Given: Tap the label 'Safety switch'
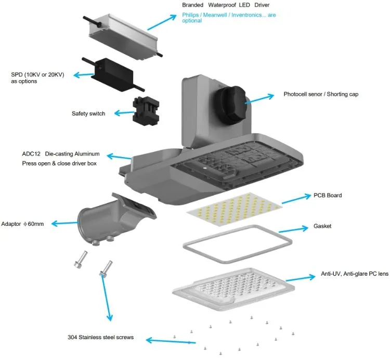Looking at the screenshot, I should point(88,113).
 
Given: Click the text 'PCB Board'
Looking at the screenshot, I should point(327,196).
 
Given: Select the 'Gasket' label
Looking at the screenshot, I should point(322,226).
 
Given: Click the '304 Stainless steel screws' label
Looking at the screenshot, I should point(101,337).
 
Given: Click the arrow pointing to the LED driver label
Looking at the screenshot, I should point(162,22).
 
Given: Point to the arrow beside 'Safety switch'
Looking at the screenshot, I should point(123,112).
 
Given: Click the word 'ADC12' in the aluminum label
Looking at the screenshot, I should point(32,155).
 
